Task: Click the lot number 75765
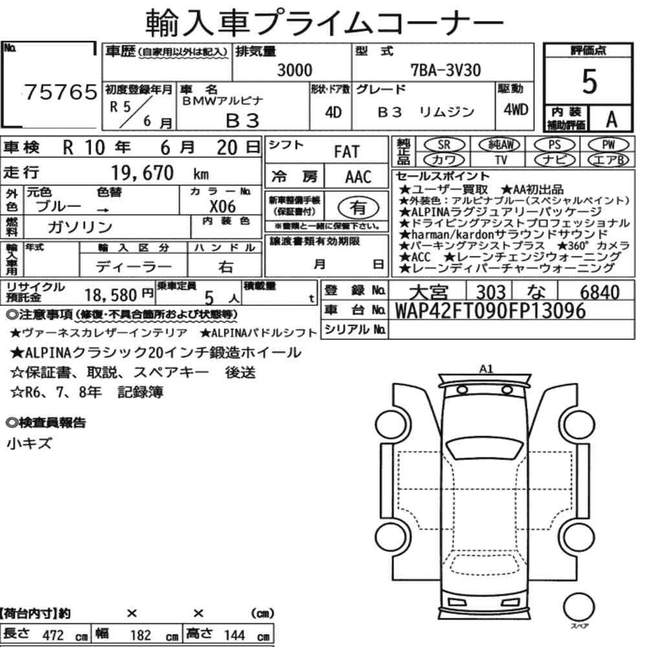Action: tap(61, 92)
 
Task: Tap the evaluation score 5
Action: tap(589, 82)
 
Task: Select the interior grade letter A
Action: tap(611, 119)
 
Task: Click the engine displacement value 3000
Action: tap(294, 70)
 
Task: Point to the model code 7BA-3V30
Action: tap(446, 70)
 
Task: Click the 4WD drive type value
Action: tap(516, 109)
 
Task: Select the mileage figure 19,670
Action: tap(142, 173)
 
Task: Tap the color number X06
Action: tap(223, 206)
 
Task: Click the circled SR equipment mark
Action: tap(444, 144)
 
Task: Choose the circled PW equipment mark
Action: tap(608, 144)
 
